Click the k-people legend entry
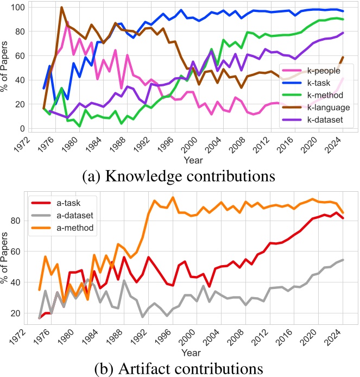pos(318,71)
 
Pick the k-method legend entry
pos(318,95)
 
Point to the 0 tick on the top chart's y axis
pos(23,129)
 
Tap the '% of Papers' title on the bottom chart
pos(7,256)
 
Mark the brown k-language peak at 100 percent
pos(61,8)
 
